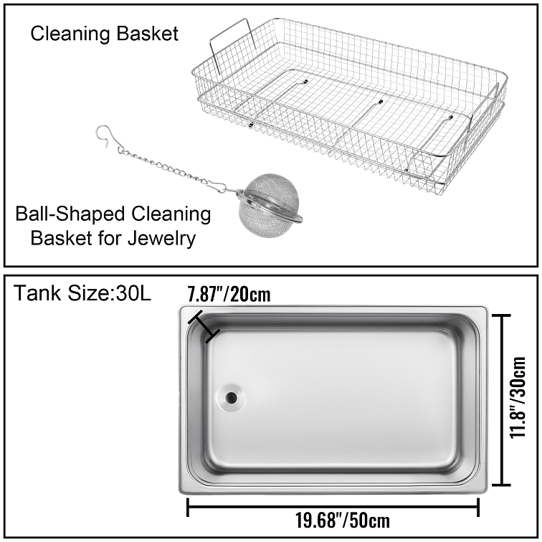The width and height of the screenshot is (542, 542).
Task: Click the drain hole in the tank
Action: pos(231,397)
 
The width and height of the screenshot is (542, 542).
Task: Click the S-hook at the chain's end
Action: pos(108,136)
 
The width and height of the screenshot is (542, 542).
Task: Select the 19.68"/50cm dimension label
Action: pos(343,520)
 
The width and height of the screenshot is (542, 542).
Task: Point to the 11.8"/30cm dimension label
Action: pos(518,397)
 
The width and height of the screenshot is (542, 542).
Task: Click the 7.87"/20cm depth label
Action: pos(229,294)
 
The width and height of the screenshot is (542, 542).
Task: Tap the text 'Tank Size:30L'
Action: pos(82,293)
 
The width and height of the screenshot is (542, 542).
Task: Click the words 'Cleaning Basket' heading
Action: pos(105,34)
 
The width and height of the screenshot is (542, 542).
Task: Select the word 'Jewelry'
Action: pos(161,239)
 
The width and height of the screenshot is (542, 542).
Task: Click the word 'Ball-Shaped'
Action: pos(70,214)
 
